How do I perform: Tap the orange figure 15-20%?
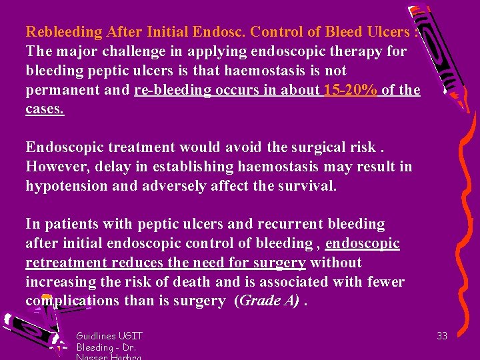click(350, 90)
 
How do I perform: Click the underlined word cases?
click(45, 109)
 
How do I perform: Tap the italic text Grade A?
click(268, 301)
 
